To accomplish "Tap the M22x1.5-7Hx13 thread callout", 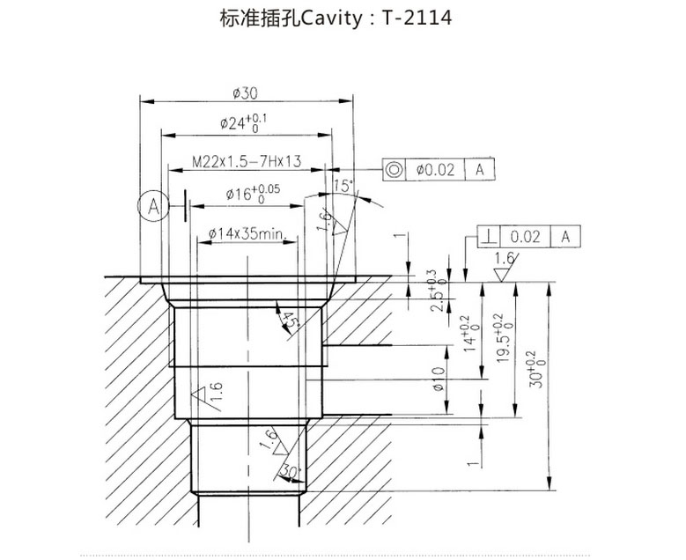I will pyautogui.click(x=247, y=162).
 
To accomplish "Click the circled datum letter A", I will pyautogui.click(x=152, y=207).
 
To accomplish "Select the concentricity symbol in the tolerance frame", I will pyautogui.click(x=395, y=169).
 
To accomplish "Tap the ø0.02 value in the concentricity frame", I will pyautogui.click(x=434, y=169).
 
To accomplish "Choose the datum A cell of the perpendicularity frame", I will pyautogui.click(x=565, y=235).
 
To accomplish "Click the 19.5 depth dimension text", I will pyautogui.click(x=501, y=339).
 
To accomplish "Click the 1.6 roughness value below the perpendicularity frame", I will pyautogui.click(x=504, y=258).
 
